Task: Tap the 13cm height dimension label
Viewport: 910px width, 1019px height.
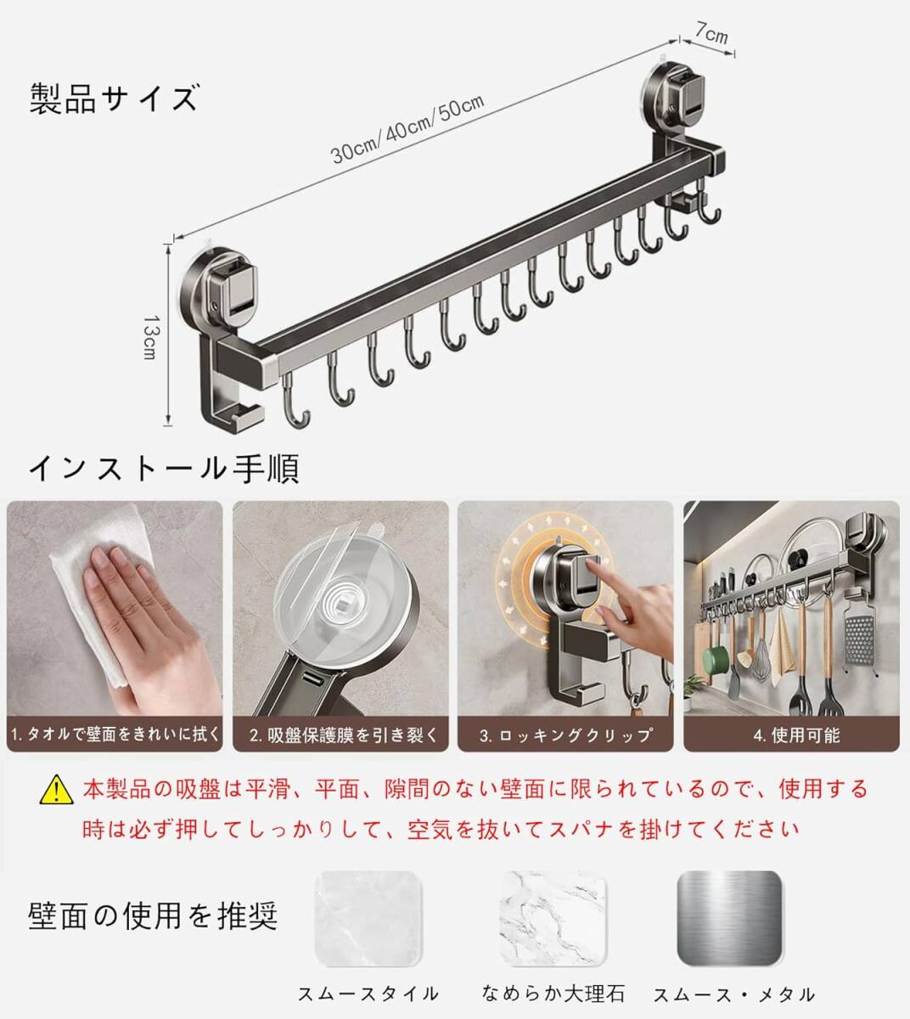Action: [x=150, y=337]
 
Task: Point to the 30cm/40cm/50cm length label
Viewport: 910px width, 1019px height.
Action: [x=407, y=129]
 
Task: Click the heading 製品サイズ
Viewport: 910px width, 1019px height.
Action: [x=114, y=99]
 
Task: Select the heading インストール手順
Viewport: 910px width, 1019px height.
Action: [x=164, y=468]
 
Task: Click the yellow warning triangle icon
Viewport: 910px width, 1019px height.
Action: [x=56, y=789]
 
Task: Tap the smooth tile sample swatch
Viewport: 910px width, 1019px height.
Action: [x=368, y=919]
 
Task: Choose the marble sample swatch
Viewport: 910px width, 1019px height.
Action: [x=553, y=919]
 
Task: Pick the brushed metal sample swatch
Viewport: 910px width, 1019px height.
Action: [x=729, y=919]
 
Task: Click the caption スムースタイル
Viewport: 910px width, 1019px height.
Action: [x=368, y=994]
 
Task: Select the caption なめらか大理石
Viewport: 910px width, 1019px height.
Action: [x=553, y=994]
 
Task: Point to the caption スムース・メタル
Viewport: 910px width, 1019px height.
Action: [x=734, y=994]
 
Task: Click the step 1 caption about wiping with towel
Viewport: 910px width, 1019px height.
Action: [x=115, y=735]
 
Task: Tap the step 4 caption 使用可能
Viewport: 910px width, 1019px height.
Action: [x=797, y=735]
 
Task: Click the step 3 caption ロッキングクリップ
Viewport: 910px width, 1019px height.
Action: [x=566, y=735]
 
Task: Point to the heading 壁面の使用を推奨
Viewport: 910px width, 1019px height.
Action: [x=153, y=915]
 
